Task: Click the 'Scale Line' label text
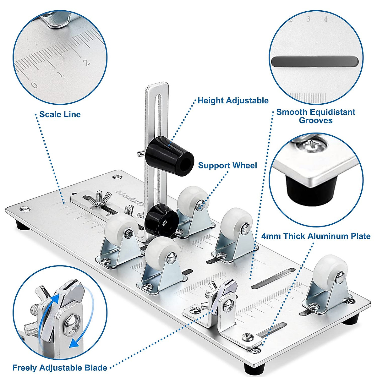click(x=60, y=114)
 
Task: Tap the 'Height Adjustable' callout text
click(x=233, y=101)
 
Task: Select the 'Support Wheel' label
click(x=227, y=166)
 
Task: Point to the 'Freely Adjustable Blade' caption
click(x=60, y=368)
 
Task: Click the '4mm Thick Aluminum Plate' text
click(x=316, y=236)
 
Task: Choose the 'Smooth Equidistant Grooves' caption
click(x=316, y=116)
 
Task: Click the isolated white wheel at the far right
click(x=330, y=270)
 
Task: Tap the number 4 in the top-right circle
click(x=326, y=19)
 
